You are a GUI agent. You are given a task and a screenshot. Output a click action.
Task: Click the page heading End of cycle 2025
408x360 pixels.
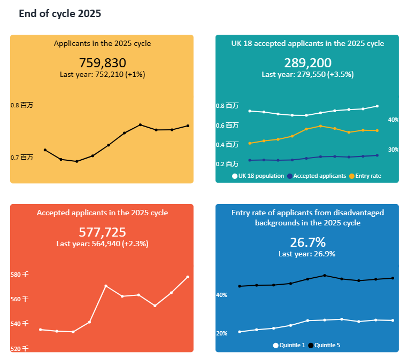(60, 14)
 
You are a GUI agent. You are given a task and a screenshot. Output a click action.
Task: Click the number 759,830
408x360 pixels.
(102, 62)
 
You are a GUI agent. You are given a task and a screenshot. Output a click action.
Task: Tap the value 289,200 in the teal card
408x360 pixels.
(307, 62)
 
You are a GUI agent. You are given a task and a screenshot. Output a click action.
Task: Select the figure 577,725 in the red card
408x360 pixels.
(102, 232)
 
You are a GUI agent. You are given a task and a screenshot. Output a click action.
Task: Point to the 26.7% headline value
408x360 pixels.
(307, 242)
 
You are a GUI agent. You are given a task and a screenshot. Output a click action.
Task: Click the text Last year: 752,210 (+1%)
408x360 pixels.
(102, 74)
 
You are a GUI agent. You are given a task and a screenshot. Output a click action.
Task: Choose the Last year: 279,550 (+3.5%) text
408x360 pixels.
(307, 74)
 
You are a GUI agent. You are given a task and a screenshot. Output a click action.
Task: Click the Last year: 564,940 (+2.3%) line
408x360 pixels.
(102, 244)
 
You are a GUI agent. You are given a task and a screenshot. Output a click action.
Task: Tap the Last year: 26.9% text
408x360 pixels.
(307, 254)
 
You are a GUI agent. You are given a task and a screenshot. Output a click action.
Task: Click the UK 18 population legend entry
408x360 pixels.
(258, 176)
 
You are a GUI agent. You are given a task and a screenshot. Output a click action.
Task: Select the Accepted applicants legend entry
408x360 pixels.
(317, 176)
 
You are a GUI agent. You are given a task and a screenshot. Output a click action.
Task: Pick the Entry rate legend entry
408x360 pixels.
(365, 176)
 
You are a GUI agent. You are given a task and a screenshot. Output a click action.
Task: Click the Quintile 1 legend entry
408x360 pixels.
(289, 345)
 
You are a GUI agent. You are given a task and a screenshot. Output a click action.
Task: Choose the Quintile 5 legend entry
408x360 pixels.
(324, 345)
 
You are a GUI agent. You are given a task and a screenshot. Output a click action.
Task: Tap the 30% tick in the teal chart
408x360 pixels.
(394, 150)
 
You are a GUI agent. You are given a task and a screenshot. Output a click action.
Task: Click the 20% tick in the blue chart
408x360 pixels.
(221, 333)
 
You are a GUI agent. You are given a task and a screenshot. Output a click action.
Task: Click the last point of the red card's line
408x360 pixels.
(188, 277)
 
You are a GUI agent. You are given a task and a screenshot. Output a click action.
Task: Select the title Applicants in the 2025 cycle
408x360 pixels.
(102, 43)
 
